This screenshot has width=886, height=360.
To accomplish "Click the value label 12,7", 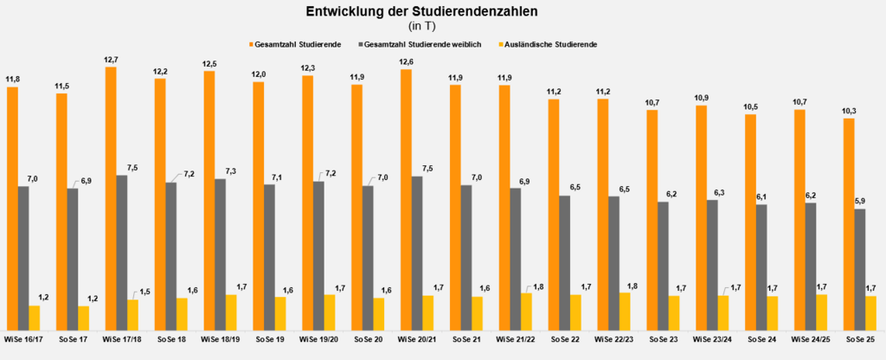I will coord(111,59).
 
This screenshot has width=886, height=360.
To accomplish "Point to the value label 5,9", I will coord(860,201).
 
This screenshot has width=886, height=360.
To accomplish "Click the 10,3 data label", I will coord(849,112).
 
